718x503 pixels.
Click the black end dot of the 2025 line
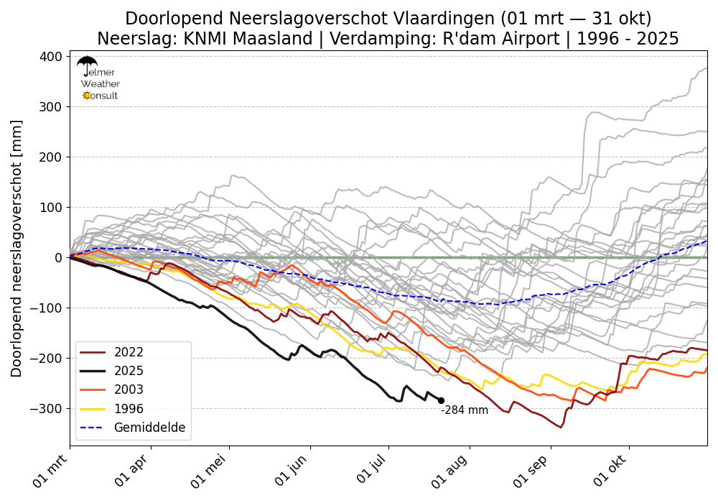tap(441, 400)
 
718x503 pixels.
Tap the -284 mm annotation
tap(465, 410)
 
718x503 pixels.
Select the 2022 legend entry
tap(112, 352)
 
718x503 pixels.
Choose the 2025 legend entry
tap(112, 371)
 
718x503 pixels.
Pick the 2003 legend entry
tap(112, 389)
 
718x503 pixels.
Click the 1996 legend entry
tap(112, 409)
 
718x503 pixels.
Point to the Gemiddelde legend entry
tap(133, 428)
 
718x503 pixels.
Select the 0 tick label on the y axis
tap(59, 257)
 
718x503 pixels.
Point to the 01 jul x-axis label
tap(373, 469)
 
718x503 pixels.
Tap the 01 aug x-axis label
tap(452, 470)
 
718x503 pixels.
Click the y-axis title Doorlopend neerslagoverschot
tap(16, 249)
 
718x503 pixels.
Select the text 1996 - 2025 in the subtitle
tap(628, 39)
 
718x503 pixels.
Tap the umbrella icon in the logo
tap(87, 65)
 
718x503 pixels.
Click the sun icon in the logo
tap(87, 96)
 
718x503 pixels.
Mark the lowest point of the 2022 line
tap(561, 428)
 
